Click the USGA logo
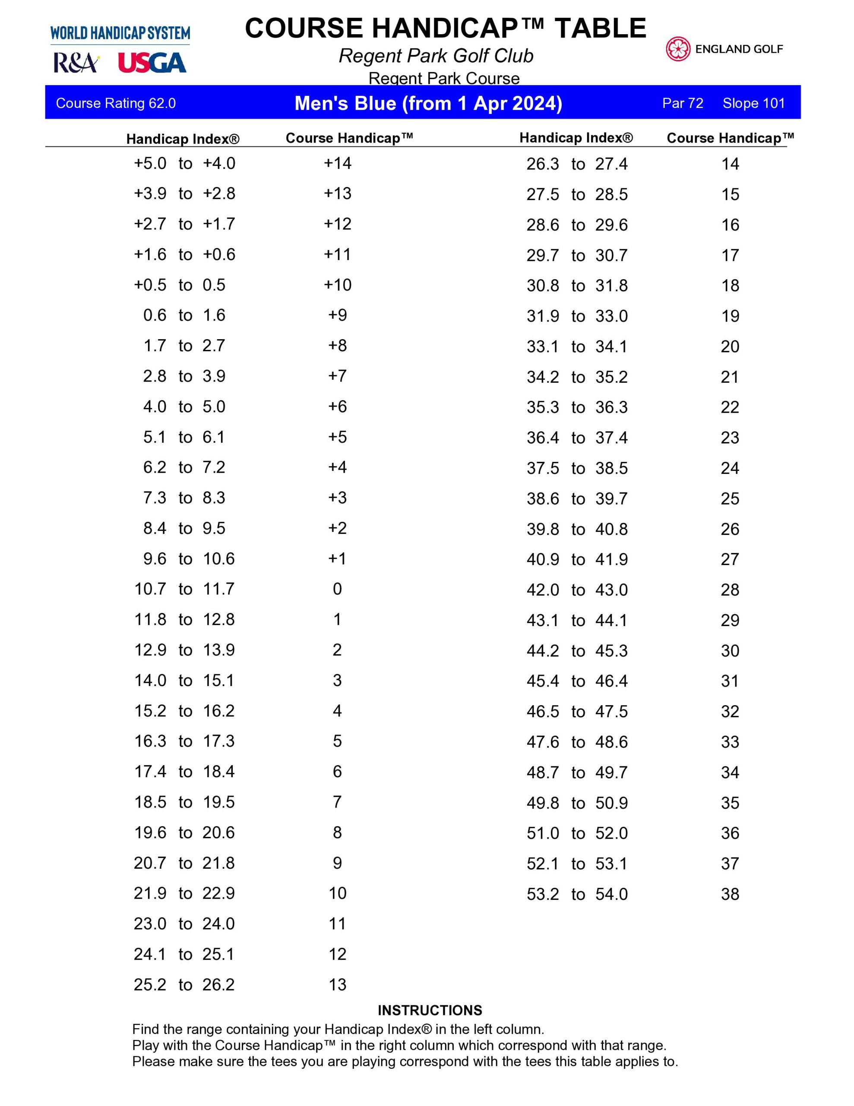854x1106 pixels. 152,63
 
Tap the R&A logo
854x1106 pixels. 76,64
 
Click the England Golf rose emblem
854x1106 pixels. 678,49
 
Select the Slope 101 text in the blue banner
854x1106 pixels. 753,103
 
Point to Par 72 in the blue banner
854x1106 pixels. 683,103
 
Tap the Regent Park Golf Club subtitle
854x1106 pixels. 436,56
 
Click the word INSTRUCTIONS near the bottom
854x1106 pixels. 430,1010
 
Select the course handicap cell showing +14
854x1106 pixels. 338,163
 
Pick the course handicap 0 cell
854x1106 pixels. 338,589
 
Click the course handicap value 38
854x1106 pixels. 730,894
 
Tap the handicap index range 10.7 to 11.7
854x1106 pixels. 184,589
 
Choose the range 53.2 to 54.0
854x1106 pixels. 577,894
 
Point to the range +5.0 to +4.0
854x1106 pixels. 184,163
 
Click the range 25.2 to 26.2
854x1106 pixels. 184,985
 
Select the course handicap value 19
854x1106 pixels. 730,316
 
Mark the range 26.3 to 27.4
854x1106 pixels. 577,164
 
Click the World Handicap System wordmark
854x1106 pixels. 120,33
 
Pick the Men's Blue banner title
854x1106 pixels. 428,103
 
